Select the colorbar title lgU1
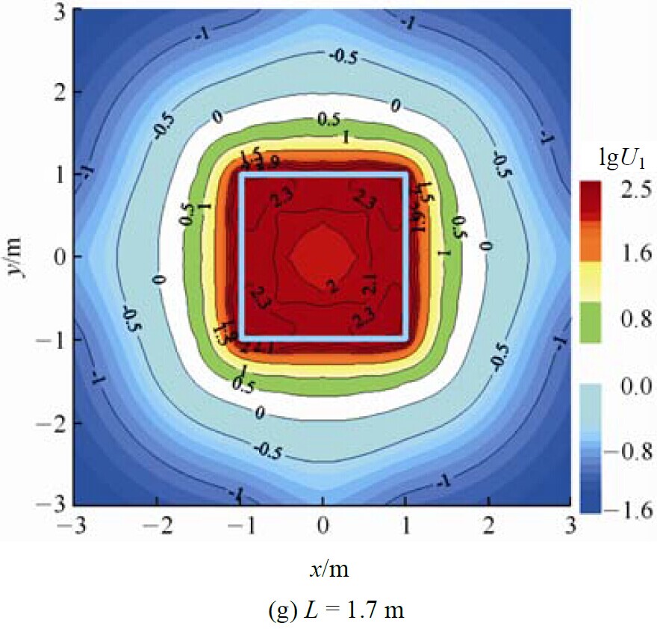click(x=614, y=160)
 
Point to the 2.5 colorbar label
click(x=631, y=190)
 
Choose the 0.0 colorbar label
click(x=631, y=386)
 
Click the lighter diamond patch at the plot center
click(x=323, y=254)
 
